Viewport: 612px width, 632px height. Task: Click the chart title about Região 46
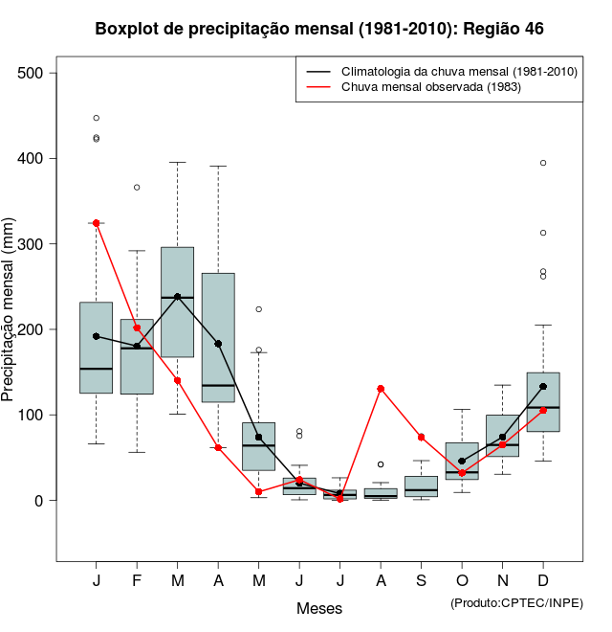319,30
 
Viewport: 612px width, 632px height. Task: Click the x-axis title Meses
319,608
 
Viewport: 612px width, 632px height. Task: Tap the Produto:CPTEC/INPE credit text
516,602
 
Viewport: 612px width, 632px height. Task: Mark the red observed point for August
381,389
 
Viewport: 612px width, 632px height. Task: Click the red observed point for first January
97,223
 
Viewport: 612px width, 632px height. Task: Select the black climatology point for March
178,297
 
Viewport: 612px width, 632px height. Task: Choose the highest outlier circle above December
543,163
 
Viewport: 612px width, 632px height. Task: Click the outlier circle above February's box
137,187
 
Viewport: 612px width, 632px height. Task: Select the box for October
462,461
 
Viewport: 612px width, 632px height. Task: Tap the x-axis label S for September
421,581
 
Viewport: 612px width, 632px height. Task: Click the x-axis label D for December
543,581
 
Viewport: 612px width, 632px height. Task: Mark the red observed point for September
421,437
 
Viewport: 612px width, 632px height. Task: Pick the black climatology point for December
543,387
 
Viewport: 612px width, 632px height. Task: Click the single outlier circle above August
381,464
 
